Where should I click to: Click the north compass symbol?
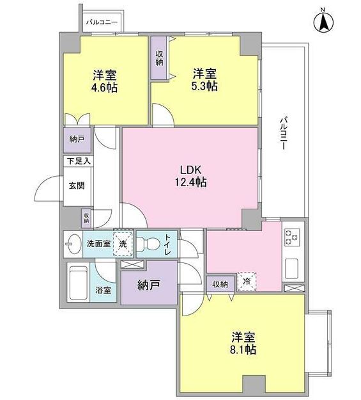tap(323, 22)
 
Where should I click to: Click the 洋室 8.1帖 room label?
tap(243, 343)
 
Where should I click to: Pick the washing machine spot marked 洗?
tap(123, 244)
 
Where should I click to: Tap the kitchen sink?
tap(294, 268)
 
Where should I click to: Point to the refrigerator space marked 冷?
tap(246, 281)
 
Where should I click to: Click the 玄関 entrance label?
tap(77, 186)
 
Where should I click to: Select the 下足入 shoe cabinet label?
tap(77, 161)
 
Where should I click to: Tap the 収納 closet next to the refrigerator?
tap(220, 284)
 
